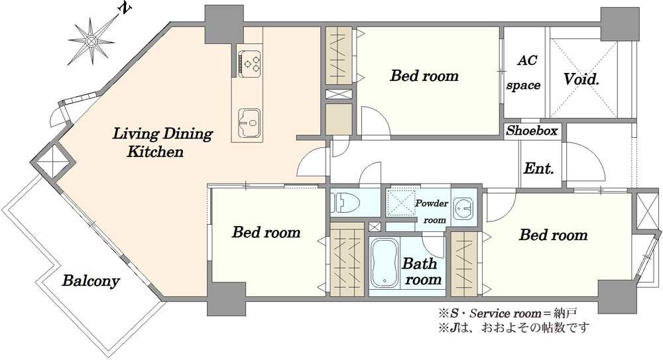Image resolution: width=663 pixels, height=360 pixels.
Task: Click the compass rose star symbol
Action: tap(90, 41)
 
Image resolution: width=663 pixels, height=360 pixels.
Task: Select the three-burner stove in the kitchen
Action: tap(249, 64)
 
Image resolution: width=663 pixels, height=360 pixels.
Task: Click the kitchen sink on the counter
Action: tap(249, 123)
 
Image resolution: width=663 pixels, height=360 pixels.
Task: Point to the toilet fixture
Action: tap(344, 202)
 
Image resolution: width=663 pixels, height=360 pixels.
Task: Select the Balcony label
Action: tap(91, 281)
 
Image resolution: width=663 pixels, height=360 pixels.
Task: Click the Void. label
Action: tap(581, 79)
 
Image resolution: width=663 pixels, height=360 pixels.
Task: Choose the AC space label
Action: tap(524, 73)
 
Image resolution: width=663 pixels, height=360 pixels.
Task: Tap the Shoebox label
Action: tap(532, 131)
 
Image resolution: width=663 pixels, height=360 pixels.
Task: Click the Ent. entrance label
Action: tap(538, 168)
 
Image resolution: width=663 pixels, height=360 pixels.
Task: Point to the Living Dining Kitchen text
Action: tap(162, 143)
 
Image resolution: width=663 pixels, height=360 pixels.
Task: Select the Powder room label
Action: tap(432, 211)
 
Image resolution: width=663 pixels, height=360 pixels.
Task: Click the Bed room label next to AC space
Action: tap(424, 76)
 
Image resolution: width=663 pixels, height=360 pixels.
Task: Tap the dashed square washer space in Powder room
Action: tap(402, 202)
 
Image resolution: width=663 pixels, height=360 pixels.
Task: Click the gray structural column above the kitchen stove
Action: tap(224, 24)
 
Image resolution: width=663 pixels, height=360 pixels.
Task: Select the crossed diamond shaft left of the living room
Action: tap(53, 161)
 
